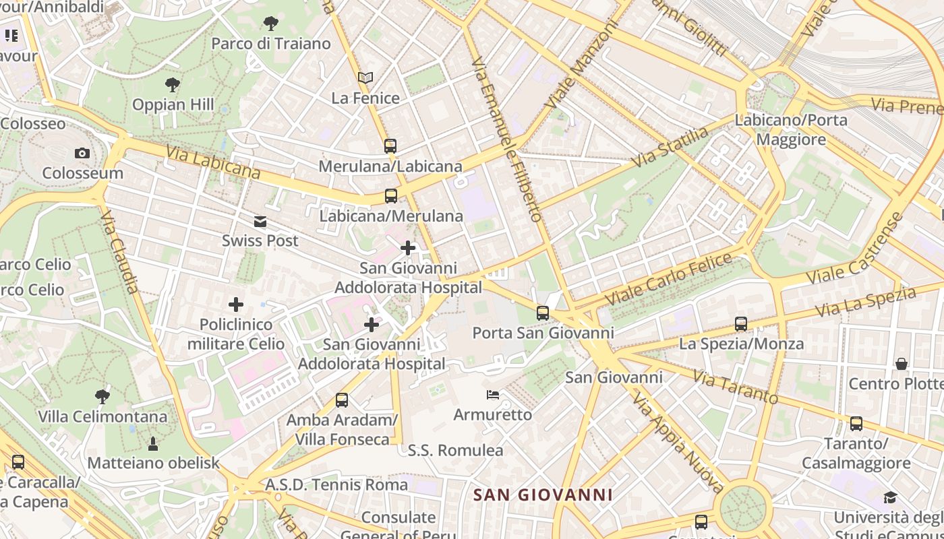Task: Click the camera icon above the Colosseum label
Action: click(82, 154)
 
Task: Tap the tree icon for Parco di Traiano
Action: click(271, 24)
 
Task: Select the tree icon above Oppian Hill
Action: click(173, 85)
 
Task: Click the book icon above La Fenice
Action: click(365, 79)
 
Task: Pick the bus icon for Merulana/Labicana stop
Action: click(390, 146)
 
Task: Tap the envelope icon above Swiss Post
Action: click(260, 222)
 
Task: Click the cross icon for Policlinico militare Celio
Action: click(236, 305)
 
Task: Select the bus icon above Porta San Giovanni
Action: click(543, 313)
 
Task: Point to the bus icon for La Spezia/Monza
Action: click(741, 324)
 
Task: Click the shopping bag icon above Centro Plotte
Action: click(902, 364)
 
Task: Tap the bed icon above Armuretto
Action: click(493, 395)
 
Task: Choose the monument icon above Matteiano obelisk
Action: click(153, 443)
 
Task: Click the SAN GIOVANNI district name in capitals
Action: click(543, 495)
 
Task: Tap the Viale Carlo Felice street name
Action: click(668, 278)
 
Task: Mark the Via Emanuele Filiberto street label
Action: click(507, 139)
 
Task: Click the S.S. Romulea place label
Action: click(456, 450)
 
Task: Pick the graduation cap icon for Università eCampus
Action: click(890, 498)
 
